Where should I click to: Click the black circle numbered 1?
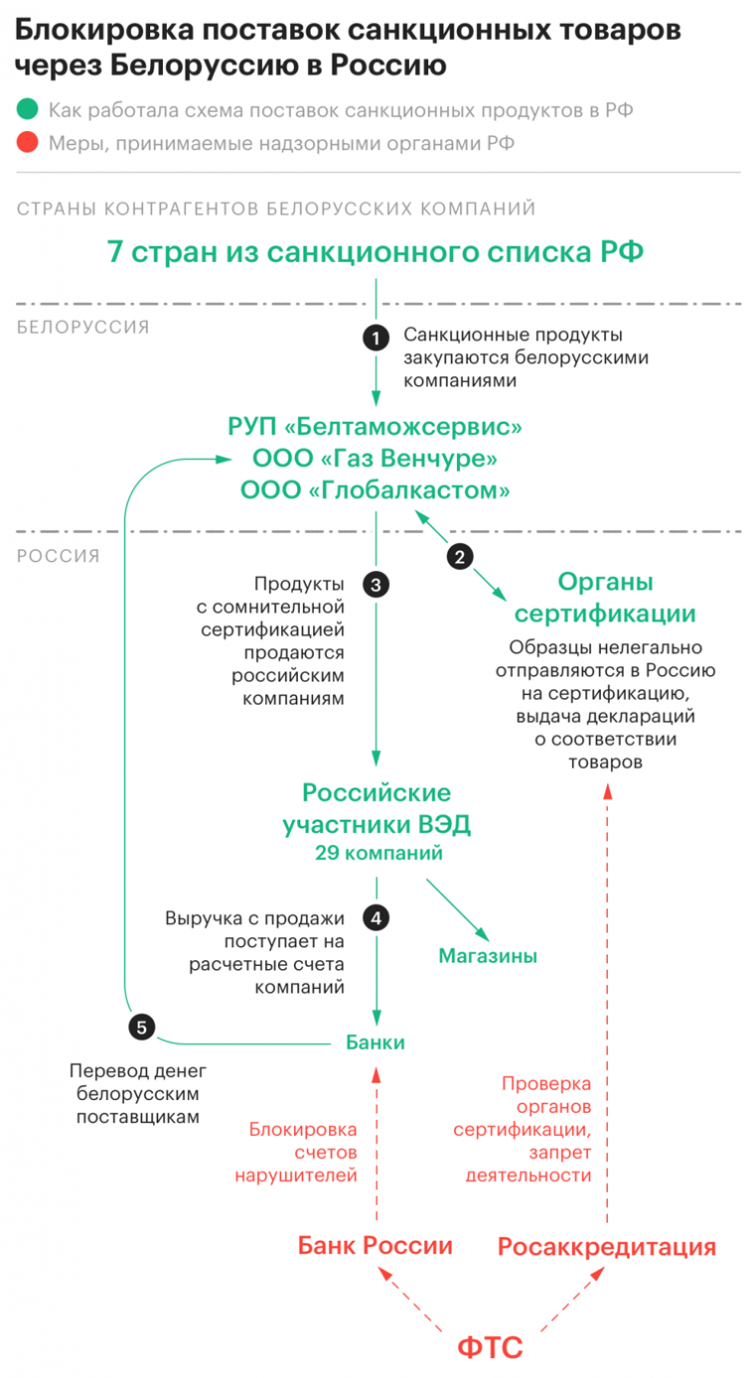tap(375, 339)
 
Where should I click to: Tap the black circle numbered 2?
tap(459, 557)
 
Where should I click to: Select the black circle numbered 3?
tap(375, 584)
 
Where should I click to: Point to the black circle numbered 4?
tap(375, 917)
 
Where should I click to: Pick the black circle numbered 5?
tap(142, 1028)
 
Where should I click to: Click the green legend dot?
tap(27, 110)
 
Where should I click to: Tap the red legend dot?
tap(27, 144)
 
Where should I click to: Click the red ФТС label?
tap(490, 1347)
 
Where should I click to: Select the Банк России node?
tap(375, 1246)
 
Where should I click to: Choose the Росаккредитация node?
tap(606, 1246)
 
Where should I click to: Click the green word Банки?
tap(375, 1042)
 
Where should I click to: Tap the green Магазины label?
tap(488, 956)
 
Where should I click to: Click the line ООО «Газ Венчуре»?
tap(375, 459)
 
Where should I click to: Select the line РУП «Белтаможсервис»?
tap(375, 428)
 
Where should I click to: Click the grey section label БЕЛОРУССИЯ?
tap(83, 327)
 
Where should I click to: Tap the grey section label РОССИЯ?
tap(59, 556)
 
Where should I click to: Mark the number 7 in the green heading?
tap(116, 252)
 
